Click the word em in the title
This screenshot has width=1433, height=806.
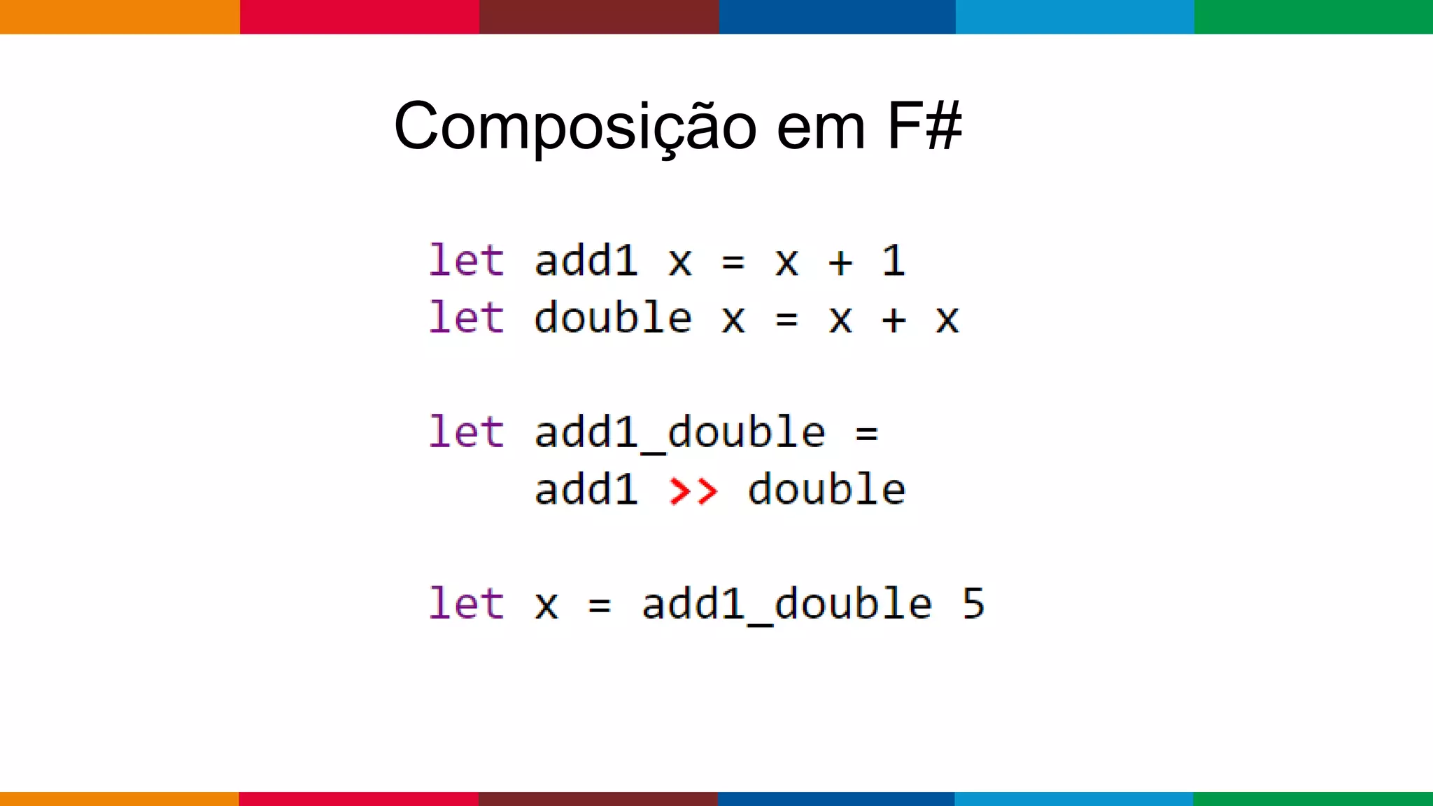(821, 127)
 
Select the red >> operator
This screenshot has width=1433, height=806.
(693, 490)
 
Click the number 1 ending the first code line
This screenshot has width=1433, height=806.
(894, 261)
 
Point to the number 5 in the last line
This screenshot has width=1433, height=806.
(973, 604)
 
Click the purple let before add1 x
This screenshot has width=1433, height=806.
(466, 261)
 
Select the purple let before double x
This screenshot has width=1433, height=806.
(466, 318)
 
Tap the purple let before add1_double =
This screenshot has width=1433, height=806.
(466, 432)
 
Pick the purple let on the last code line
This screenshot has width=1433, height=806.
(466, 604)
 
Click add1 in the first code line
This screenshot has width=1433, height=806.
(586, 261)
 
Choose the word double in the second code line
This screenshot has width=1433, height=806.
(613, 318)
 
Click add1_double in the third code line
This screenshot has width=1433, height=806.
(679, 433)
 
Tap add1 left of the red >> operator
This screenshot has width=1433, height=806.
(586, 490)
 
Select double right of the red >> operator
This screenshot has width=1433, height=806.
(826, 490)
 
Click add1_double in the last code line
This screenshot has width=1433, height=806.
(786, 604)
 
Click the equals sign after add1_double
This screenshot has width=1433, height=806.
(866, 434)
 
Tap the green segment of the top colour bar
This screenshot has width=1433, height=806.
(1313, 17)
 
